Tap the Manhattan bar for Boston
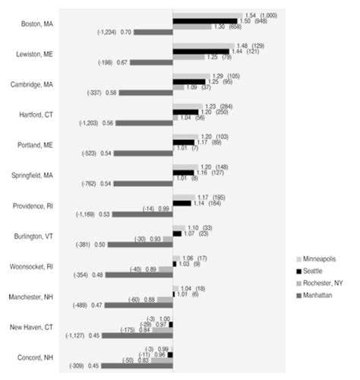155,32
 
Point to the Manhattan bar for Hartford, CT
144,122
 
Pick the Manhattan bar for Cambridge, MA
146,93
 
